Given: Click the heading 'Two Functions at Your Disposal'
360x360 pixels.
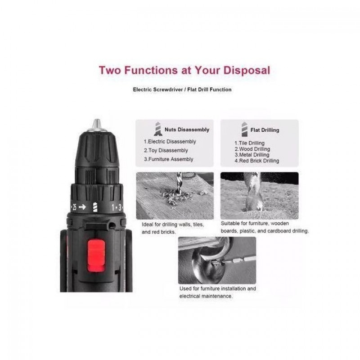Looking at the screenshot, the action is (184, 70).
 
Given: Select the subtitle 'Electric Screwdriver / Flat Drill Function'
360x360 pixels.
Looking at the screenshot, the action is (182, 90).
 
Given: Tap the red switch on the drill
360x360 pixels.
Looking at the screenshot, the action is (96, 256).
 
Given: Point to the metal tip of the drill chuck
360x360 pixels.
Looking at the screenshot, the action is (97, 124).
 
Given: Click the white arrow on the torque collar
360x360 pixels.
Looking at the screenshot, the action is (82, 207).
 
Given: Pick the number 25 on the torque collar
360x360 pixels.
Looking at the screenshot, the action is (74, 207).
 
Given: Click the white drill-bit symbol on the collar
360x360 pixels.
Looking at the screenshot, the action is (95, 207).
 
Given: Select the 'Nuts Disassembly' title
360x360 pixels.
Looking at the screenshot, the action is (187, 130).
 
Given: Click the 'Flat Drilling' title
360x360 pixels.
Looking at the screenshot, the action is (265, 130).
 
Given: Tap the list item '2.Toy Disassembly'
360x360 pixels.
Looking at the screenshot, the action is (166, 151).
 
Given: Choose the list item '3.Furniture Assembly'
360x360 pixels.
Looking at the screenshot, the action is (168, 159).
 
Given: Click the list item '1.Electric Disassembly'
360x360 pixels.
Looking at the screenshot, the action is (170, 142).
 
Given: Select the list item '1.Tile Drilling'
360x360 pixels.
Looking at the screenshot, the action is (249, 143).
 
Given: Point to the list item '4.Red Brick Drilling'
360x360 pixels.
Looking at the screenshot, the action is (256, 161).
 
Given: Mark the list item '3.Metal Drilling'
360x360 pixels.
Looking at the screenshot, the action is (252, 155).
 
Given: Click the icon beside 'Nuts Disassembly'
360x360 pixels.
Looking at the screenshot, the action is (158, 129).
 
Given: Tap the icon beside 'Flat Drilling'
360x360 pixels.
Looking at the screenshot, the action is (244, 129).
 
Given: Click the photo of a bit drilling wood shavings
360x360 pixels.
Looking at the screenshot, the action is (175, 196).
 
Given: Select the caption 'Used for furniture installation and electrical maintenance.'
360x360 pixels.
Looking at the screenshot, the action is (218, 292).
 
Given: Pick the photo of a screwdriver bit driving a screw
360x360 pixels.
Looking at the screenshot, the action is (217, 261).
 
